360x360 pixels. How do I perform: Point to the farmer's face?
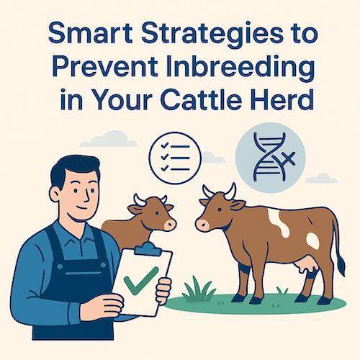[x=73, y=195]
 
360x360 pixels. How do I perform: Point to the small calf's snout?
[x=170, y=225]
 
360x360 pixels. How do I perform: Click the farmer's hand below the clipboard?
[x=163, y=291]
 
